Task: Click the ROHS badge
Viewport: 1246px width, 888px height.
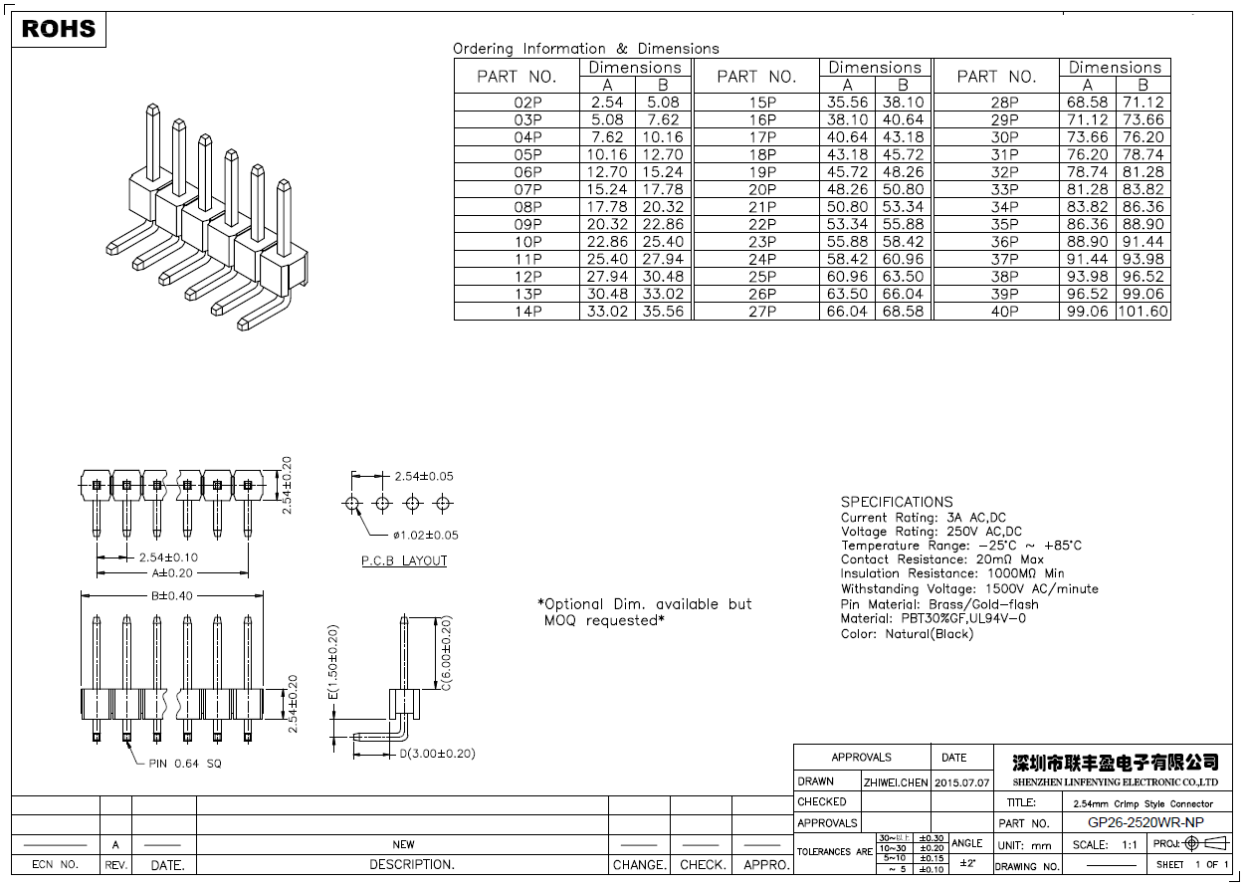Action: [x=59, y=29]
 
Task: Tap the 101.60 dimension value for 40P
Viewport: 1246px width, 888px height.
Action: [x=1142, y=312]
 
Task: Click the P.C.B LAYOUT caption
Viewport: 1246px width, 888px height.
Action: [x=404, y=561]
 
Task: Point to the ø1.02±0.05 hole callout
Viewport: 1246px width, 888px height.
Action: [x=425, y=536]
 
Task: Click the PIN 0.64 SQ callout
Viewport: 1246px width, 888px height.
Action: [x=185, y=764]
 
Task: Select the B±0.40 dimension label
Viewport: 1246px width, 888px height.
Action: [x=171, y=595]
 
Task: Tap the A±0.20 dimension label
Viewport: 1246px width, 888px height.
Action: [x=172, y=573]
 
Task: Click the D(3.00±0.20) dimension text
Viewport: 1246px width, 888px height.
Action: [x=437, y=754]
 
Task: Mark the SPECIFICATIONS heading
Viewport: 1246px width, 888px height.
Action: [x=897, y=502]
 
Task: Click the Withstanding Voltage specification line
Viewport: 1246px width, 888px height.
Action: [x=969, y=589]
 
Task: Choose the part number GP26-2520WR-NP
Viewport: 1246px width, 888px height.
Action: [x=1144, y=822]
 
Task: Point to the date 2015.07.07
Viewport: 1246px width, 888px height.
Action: [x=962, y=782]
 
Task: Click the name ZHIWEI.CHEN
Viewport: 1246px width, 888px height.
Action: [x=896, y=782]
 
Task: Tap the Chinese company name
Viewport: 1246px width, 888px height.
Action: [x=1115, y=763]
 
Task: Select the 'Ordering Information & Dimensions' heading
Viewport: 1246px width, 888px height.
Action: [x=586, y=48]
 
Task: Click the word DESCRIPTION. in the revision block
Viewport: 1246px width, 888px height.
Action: [x=412, y=865]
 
